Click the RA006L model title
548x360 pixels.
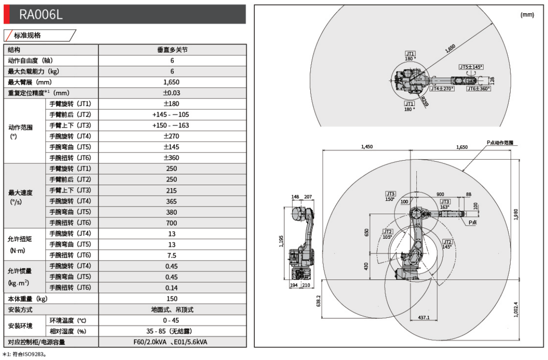click(x=41, y=15)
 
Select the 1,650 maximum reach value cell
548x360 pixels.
click(x=172, y=82)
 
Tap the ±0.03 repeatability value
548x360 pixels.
click(x=172, y=93)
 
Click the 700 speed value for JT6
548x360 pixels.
click(x=172, y=223)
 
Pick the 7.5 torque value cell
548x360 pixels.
click(x=172, y=255)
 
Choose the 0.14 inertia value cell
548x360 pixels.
click(x=172, y=288)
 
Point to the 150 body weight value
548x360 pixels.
click(x=172, y=298)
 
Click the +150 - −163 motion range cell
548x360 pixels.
click(x=172, y=126)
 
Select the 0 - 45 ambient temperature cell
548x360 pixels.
click(x=172, y=320)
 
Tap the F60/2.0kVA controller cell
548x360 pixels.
click(x=172, y=342)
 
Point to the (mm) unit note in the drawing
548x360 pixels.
click(x=527, y=15)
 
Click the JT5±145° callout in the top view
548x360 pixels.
click(x=471, y=67)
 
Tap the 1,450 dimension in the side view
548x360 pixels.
click(x=367, y=147)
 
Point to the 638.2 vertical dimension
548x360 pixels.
click(x=318, y=301)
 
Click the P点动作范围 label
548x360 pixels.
click(x=500, y=142)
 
